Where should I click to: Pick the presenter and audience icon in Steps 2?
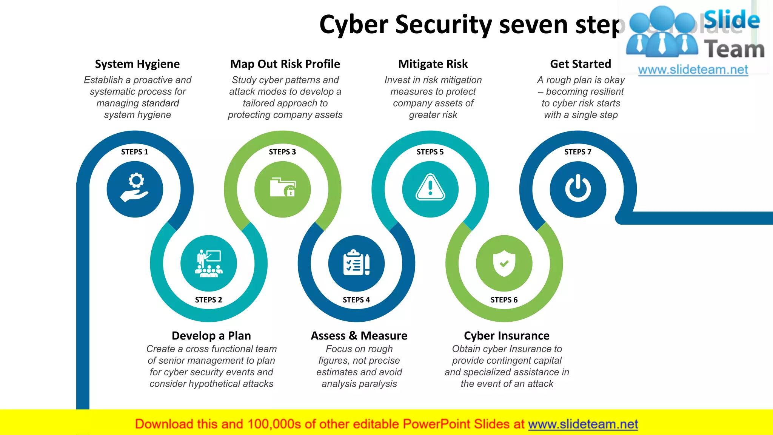[209, 263]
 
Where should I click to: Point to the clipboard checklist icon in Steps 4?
[356, 263]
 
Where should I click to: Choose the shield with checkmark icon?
[504, 263]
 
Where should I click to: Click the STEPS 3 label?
[282, 152]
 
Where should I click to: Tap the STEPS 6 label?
[504, 300]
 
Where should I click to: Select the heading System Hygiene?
[137, 64]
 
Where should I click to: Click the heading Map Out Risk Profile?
[285, 64]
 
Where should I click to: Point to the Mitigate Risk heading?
[433, 64]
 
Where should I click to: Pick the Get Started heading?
[581, 64]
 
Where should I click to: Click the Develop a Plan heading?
[211, 336]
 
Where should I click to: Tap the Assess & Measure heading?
[359, 336]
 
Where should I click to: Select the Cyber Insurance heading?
[507, 336]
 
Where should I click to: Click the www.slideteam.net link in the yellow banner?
[583, 424]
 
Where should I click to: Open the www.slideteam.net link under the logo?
[693, 70]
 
